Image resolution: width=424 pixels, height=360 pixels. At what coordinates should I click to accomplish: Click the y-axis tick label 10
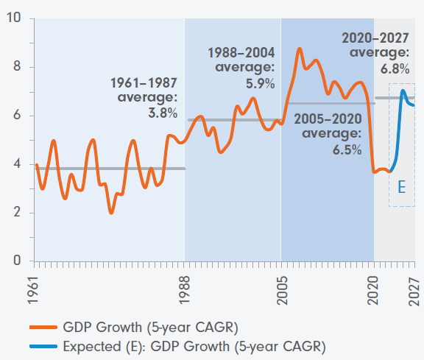(x=13, y=18)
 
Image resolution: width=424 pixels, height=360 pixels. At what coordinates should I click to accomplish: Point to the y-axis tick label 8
(x=17, y=66)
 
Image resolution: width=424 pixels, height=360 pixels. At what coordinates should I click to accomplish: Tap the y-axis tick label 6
(x=17, y=115)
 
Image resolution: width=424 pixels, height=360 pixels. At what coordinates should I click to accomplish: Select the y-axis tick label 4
(x=17, y=163)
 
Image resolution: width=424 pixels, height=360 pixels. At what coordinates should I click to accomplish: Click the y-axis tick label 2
(x=17, y=212)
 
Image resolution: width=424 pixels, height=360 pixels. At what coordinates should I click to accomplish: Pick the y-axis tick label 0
(x=17, y=260)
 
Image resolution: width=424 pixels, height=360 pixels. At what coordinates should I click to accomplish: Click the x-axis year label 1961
(x=33, y=290)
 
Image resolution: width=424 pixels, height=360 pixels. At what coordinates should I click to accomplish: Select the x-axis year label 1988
(x=185, y=290)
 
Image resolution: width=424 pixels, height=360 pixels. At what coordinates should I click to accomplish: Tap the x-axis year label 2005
(x=283, y=291)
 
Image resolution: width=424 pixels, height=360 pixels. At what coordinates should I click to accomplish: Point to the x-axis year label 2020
(x=373, y=291)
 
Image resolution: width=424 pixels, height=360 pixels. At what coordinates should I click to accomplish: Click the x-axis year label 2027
(x=414, y=291)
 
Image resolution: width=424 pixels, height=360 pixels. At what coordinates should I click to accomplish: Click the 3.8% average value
(x=163, y=113)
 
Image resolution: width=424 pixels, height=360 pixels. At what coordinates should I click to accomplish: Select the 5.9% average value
(x=260, y=83)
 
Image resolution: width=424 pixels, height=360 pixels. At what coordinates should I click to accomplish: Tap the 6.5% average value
(x=347, y=149)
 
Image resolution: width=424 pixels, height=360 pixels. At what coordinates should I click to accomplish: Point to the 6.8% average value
(x=395, y=68)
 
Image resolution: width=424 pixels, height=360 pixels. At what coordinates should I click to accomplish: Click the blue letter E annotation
(x=402, y=187)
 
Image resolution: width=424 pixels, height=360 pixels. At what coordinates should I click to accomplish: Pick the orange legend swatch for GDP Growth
(x=43, y=328)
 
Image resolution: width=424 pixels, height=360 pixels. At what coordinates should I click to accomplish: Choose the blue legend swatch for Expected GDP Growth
(x=43, y=346)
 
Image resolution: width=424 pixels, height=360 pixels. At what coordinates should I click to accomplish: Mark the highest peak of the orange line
(x=300, y=49)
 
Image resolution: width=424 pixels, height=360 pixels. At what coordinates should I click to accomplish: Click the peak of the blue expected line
(x=403, y=91)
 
